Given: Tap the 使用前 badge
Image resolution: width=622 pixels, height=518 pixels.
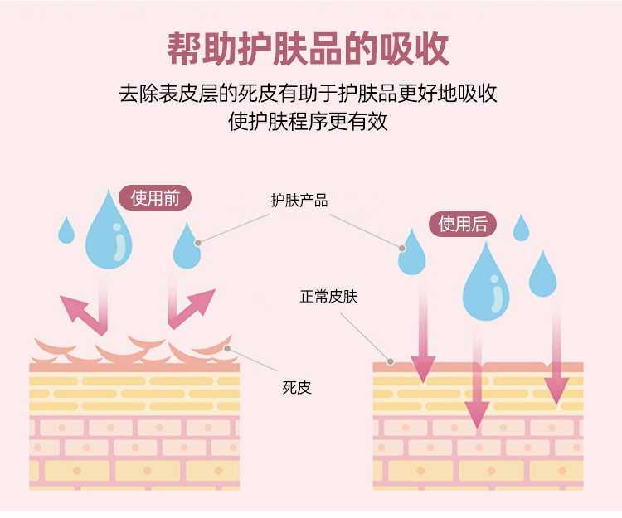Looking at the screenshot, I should point(155,199).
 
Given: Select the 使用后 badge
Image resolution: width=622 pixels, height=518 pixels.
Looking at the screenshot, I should point(462,224).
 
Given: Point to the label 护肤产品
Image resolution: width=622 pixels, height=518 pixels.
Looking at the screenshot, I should point(299,201).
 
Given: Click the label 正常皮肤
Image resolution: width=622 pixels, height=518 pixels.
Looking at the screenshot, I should point(328,297).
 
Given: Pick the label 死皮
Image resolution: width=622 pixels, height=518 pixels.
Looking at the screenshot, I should point(297,387).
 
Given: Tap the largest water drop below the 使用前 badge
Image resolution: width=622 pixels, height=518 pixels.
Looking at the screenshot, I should point(109,233).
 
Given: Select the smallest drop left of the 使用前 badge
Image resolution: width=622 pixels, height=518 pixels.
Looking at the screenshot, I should point(66,230).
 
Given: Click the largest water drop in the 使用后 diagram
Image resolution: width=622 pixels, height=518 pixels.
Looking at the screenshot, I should point(486,287).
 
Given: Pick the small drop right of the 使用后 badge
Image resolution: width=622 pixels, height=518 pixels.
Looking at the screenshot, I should point(521,229).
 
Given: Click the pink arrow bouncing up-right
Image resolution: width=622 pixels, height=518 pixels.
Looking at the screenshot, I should point(192,308).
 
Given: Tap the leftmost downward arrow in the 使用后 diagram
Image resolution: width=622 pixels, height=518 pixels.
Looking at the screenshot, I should point(423,364).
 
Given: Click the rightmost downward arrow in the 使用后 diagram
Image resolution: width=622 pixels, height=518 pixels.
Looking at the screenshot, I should point(556,385).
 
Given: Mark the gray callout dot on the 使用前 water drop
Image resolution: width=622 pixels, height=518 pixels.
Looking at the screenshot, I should point(197,243).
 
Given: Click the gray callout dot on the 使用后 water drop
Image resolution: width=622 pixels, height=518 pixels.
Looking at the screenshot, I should point(402,248).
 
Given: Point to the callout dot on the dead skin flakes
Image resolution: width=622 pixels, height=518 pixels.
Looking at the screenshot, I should point(227,349).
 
